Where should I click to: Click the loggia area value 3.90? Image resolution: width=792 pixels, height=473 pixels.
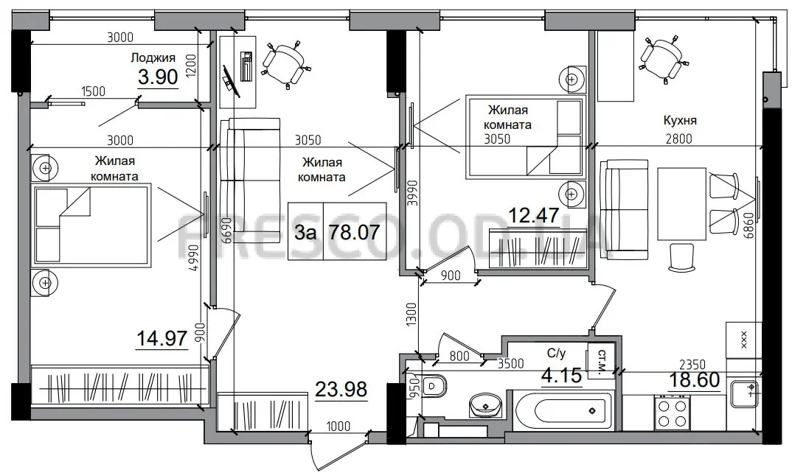coord(158,77)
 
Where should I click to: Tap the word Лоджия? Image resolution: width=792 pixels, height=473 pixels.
coord(153,57)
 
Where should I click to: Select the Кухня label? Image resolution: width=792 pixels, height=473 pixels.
coord(680,120)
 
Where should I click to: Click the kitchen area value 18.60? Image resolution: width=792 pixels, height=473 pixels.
coord(695,379)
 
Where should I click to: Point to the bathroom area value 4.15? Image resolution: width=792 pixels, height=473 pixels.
coord(561,376)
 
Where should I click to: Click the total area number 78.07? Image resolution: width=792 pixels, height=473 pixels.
coord(354,231)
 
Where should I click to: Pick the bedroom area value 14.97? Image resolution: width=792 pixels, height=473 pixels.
coord(162,337)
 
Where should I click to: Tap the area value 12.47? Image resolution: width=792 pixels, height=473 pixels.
coord(533,216)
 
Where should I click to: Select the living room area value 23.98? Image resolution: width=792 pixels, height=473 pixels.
coord(341,389)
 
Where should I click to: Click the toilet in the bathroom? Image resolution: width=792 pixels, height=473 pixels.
coord(434,386)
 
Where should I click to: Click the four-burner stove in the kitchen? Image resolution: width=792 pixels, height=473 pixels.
coord(673,413)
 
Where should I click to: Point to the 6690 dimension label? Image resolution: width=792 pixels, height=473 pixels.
coord(226,231)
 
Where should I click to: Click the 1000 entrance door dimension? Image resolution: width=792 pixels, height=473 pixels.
coord(338,426)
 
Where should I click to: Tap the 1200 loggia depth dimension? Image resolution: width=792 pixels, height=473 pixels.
coord(190,66)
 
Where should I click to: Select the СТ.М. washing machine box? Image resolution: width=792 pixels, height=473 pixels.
coord(601,360)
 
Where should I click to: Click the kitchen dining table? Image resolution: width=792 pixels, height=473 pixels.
coord(681,204)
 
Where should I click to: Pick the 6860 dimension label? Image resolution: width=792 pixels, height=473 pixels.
coord(748,226)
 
